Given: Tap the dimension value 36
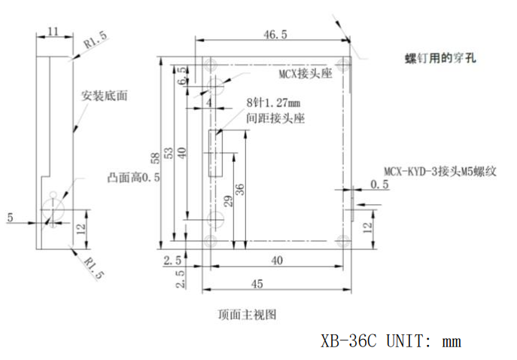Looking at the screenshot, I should coord(239,189).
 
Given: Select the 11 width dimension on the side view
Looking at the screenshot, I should coord(53,31).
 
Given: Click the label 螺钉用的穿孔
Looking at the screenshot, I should coord(440,57).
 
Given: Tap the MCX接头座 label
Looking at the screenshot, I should coord(300,73).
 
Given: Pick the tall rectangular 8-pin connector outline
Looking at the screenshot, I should coord(215,153).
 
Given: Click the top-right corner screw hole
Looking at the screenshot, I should coord(344,63).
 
